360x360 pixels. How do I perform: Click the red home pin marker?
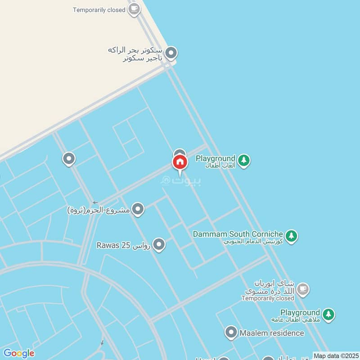click(x=180, y=162)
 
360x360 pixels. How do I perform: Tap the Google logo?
click(x=18, y=353)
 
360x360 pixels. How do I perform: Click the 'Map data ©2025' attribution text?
click(x=336, y=355)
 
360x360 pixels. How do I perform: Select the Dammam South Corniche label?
click(x=238, y=234)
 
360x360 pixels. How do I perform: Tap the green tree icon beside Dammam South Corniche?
click(x=292, y=235)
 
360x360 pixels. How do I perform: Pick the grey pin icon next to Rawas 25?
click(x=158, y=245)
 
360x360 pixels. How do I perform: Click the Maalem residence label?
click(x=272, y=333)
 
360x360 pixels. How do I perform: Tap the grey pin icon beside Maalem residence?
click(x=231, y=333)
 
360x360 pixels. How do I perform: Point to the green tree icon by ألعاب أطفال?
click(x=243, y=160)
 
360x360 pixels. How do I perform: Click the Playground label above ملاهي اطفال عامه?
click(x=300, y=312)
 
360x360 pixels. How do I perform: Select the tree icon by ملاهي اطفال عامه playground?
click(x=328, y=315)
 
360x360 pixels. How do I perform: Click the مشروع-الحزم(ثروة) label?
click(x=99, y=210)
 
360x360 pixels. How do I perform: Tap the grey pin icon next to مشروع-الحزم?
click(x=138, y=209)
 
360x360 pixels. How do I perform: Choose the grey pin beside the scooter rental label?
click(x=171, y=54)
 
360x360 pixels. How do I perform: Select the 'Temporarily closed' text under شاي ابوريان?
click(x=267, y=298)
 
